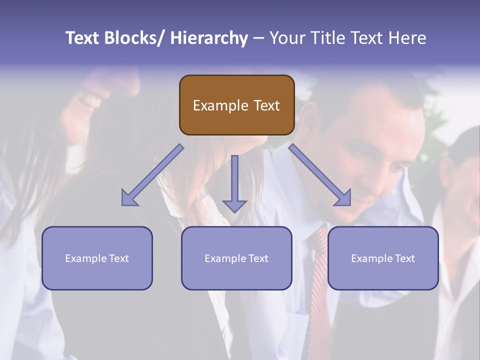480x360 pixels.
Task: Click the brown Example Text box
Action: [x=236, y=105]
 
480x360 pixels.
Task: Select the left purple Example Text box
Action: [x=97, y=258]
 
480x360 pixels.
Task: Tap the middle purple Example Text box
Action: [x=236, y=258]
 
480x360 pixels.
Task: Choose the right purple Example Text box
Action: [x=383, y=258]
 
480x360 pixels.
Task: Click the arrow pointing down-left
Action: [x=152, y=174]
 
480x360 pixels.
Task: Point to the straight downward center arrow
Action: [x=234, y=182]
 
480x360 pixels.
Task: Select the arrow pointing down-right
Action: [x=319, y=174]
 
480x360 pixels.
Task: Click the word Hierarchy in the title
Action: [x=208, y=38]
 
